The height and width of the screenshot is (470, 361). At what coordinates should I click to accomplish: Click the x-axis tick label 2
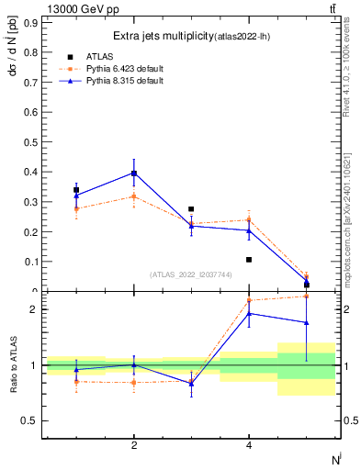[134, 445]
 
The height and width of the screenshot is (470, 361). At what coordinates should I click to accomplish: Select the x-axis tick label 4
[249, 445]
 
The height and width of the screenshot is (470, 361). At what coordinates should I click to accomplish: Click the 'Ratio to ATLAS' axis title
[13, 364]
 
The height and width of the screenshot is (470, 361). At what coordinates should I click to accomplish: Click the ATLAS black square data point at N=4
[249, 260]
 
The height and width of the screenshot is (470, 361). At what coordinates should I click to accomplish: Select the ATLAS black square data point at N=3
[191, 209]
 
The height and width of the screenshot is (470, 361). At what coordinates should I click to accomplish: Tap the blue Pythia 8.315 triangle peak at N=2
[134, 173]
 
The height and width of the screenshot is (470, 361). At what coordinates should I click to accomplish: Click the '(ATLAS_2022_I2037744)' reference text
[191, 274]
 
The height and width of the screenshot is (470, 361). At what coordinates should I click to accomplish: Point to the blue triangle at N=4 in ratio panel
[249, 313]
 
